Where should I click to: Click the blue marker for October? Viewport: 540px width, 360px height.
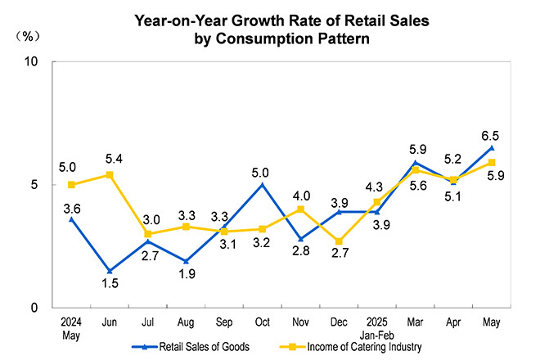(x=261, y=185)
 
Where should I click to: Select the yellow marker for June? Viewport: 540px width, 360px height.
(x=110, y=175)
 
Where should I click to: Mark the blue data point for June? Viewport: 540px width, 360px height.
(x=110, y=271)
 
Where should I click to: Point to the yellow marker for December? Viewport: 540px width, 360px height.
(x=338, y=241)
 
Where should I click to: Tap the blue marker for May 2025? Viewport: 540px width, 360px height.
(x=490, y=148)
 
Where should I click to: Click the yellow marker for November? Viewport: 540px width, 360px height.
(x=299, y=209)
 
